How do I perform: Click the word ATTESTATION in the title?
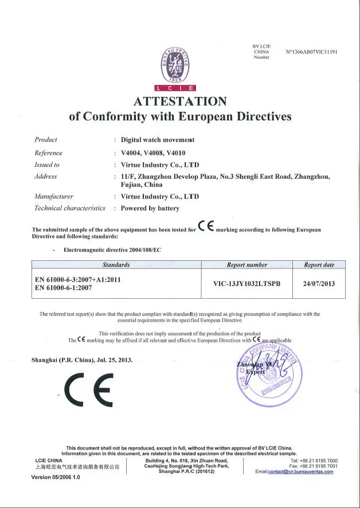pyautogui.click(x=179, y=101)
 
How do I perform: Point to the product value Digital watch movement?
pyautogui.click(x=158, y=140)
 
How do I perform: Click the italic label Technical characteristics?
pyautogui.click(x=70, y=208)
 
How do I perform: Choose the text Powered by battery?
pyautogui.click(x=150, y=208)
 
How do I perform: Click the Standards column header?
pyautogui.click(x=116, y=265)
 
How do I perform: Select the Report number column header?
pyautogui.click(x=247, y=265)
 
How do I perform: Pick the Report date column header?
pyautogui.click(x=319, y=265)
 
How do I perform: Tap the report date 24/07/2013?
pyautogui.click(x=319, y=283)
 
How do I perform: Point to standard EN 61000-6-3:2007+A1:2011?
pyautogui.click(x=78, y=279)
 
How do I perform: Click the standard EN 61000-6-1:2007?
pyautogui.click(x=64, y=288)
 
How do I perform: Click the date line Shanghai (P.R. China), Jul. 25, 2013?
pyautogui.click(x=82, y=360)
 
